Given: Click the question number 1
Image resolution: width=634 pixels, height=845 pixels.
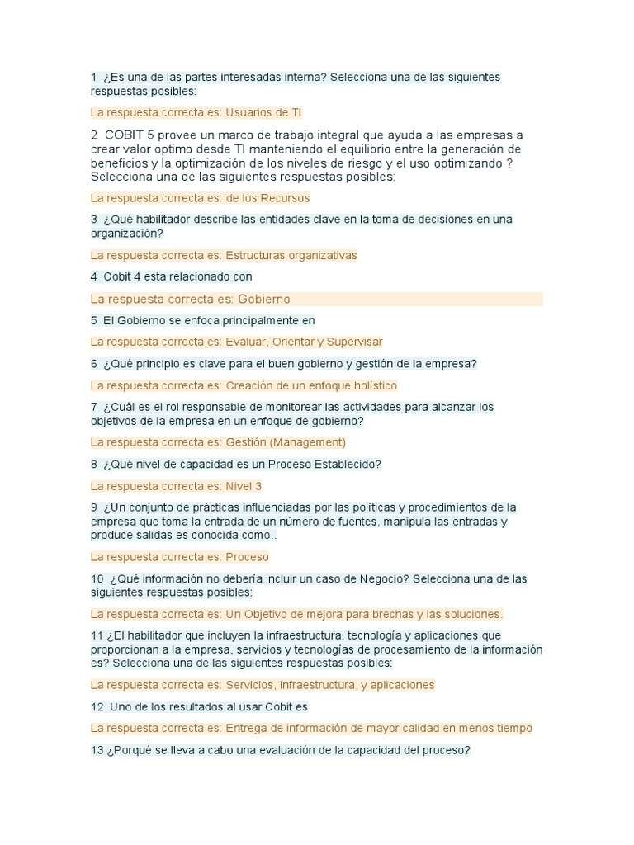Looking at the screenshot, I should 94,78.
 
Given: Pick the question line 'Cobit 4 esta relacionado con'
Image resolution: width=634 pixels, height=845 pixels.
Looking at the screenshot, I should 177,277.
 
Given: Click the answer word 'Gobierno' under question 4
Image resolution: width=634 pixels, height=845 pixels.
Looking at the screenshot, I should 263,299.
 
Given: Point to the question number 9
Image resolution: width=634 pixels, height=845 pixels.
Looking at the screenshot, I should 94,507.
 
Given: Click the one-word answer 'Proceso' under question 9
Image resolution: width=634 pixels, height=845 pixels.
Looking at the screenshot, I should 247,557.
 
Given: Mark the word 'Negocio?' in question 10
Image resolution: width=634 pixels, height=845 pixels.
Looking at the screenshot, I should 384,579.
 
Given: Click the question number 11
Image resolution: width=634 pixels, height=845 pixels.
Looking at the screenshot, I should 97,636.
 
